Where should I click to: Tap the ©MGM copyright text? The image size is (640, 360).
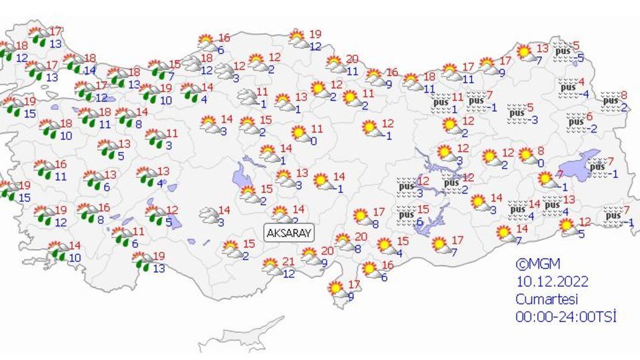coord(533,264)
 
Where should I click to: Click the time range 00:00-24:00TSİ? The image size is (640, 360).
coord(565,316)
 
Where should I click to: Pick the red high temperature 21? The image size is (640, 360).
coord(289,261)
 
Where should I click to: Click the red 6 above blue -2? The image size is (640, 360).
coord(589,117)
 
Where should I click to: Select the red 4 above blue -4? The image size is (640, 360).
coord(582,82)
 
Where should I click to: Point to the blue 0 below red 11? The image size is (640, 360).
coord(313,141)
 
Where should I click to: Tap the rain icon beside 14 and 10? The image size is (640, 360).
coord(57,251)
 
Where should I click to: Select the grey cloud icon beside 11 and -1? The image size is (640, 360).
coord(247,97)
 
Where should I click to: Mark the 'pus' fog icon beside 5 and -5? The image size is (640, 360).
coord(564,50)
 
